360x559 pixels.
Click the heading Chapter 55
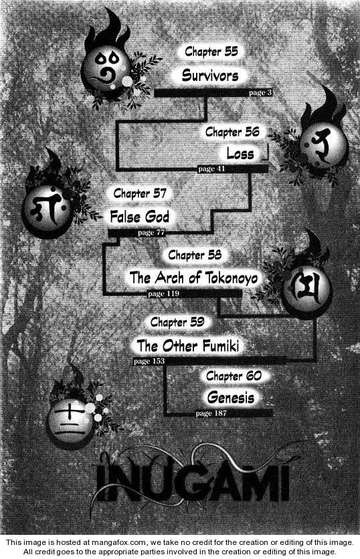coord(211,51)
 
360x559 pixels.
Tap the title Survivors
coord(210,75)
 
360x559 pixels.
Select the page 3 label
coord(260,93)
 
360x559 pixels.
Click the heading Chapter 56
coord(232,132)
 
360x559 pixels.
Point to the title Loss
coord(240,154)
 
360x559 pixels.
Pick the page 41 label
coord(211,169)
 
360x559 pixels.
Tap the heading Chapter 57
coord(140,194)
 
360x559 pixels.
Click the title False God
coord(139,217)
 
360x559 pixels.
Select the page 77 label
coord(151,233)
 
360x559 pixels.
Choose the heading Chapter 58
coord(195,255)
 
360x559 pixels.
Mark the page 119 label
coord(163,294)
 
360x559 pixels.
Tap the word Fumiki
coord(221,346)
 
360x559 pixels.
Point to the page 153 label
coord(149,361)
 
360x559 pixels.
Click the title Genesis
coord(231,397)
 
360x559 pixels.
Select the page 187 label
coord(211,413)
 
